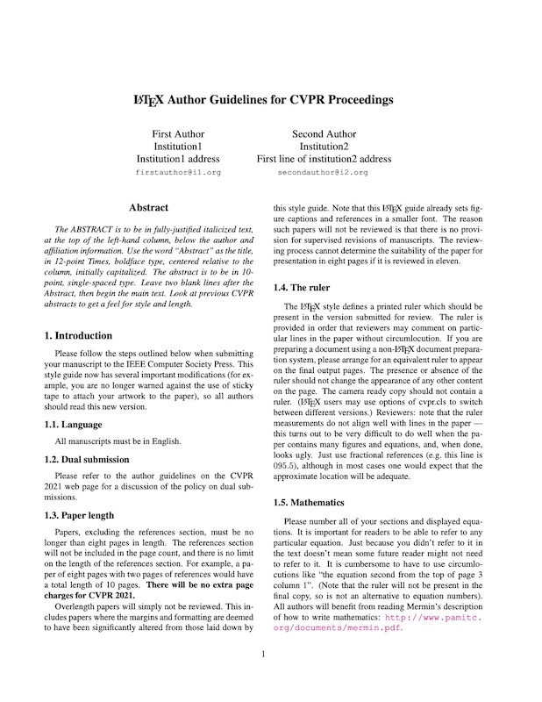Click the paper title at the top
tap(270, 100)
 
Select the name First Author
tap(178, 133)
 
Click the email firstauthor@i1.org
tap(178, 174)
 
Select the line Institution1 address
tap(178, 160)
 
